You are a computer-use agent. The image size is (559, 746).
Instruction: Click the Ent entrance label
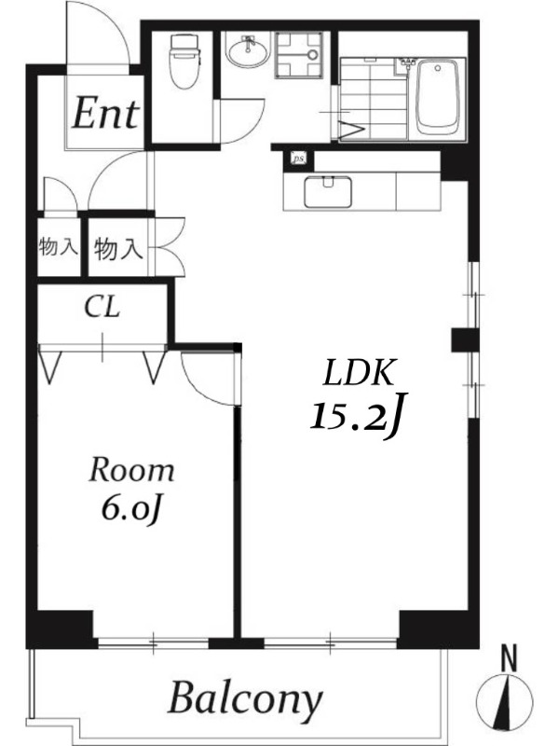[105, 113]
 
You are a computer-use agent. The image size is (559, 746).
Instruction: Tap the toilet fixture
[184, 61]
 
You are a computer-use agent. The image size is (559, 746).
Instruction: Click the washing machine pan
[298, 54]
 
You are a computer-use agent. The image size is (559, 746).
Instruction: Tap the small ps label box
[298, 159]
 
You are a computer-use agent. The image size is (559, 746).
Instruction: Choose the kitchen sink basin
[328, 192]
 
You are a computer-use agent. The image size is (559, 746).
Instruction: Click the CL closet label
[102, 308]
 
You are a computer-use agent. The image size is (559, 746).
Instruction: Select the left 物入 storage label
[58, 247]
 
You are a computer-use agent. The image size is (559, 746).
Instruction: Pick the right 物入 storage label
[118, 248]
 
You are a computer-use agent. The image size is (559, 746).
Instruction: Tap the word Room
[131, 470]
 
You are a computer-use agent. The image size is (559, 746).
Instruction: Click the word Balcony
[245, 699]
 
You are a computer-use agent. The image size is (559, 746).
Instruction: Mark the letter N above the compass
[510, 658]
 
